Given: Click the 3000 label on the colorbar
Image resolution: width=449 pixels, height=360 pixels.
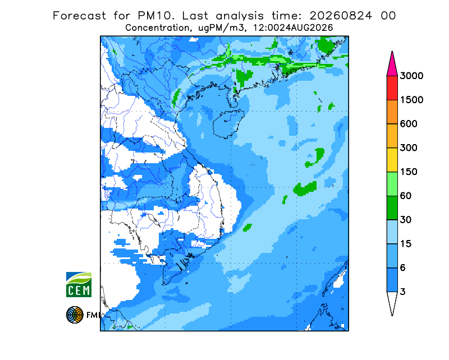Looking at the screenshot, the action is [411, 76].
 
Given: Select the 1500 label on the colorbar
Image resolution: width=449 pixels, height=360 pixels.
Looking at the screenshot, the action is [411, 100].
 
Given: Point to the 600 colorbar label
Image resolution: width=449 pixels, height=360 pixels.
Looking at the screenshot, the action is [409, 124].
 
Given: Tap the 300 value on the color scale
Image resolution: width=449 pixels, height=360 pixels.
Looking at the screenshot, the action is [409, 148].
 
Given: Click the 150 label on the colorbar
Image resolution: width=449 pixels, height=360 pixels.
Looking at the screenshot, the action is [409, 172].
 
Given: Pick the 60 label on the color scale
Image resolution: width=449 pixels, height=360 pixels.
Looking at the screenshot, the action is [406, 196].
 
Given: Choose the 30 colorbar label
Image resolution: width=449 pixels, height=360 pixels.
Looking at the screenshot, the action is [406, 220].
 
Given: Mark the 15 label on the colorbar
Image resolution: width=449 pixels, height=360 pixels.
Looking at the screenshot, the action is [406, 244].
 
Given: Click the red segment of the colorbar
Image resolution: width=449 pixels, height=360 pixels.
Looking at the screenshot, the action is [392, 88].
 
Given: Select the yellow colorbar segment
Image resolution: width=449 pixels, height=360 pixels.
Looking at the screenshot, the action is [392, 160].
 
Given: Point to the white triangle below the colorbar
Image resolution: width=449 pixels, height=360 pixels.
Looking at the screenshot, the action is [392, 302].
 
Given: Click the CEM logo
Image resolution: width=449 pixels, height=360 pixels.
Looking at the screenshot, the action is [79, 284].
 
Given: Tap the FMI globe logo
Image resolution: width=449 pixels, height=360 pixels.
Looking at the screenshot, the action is [75, 315].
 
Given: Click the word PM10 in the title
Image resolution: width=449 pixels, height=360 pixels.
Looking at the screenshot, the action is [156, 16].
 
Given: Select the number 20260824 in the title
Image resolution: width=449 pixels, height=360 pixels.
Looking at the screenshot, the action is [341, 16].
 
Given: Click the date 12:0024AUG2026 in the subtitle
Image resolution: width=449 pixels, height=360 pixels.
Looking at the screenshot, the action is [293, 28].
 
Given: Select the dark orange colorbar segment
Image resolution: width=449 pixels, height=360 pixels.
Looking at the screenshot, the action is [392, 112].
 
